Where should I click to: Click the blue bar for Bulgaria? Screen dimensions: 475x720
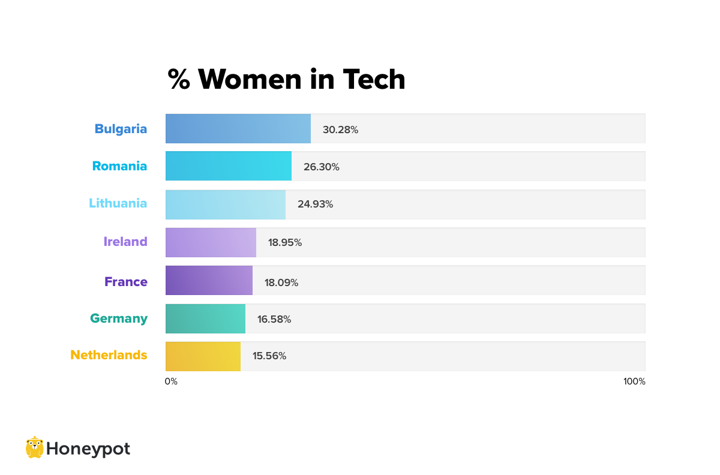click(238, 129)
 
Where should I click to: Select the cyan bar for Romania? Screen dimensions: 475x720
click(229, 166)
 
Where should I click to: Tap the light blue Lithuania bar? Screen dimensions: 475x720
click(226, 205)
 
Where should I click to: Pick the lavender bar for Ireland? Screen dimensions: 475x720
click(211, 242)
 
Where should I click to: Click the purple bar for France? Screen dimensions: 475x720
click(209, 281)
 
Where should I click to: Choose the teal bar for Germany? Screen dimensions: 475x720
click(205, 318)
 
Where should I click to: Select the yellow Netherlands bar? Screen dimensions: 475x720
click(203, 356)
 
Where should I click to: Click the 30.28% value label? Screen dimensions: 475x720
click(340, 130)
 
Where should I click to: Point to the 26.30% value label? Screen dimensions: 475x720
click(321, 167)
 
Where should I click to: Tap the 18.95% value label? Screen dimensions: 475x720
click(285, 243)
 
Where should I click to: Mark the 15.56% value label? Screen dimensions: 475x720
click(269, 356)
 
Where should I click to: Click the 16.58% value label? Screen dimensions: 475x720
click(274, 320)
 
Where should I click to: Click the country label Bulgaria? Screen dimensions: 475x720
click(121, 129)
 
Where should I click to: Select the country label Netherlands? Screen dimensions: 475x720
click(109, 355)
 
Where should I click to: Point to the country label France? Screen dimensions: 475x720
click(126, 281)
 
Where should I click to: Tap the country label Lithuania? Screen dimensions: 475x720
click(118, 203)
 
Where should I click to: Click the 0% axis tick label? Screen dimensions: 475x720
click(171, 381)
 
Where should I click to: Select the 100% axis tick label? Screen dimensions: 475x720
click(634, 381)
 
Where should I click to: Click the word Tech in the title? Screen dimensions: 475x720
click(374, 79)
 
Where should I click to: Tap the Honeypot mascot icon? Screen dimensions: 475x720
click(35, 447)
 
